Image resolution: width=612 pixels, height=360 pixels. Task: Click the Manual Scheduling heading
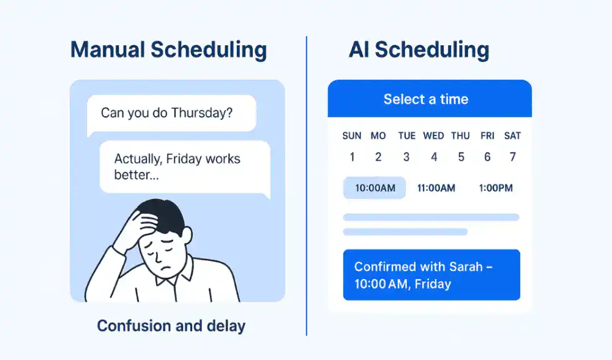click(x=169, y=50)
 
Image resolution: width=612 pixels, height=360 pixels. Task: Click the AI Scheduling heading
click(x=419, y=50)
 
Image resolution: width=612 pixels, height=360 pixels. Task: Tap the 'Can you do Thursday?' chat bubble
click(x=171, y=114)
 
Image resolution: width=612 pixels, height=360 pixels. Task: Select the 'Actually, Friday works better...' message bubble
click(x=185, y=168)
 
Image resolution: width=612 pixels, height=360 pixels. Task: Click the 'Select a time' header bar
click(x=430, y=99)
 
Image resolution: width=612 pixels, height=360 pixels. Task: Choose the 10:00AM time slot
click(x=375, y=188)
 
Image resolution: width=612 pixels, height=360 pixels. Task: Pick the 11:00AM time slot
click(x=436, y=188)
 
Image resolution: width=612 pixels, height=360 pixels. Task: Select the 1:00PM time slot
click(x=496, y=188)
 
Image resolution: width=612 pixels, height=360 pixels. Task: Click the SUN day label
click(x=352, y=136)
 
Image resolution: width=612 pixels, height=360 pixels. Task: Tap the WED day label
click(x=433, y=136)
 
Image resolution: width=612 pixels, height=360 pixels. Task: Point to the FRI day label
click(x=488, y=136)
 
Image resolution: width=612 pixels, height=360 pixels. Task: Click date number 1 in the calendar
click(x=352, y=157)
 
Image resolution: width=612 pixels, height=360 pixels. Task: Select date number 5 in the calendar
click(x=461, y=157)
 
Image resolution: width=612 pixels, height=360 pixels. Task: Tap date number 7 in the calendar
click(x=513, y=157)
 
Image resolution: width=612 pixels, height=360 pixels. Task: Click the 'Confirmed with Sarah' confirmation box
click(x=431, y=275)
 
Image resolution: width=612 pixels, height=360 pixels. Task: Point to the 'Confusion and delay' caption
click(x=171, y=326)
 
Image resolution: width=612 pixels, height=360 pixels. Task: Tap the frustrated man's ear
click(x=187, y=236)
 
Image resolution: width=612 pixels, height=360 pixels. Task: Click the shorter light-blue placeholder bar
click(x=406, y=232)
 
